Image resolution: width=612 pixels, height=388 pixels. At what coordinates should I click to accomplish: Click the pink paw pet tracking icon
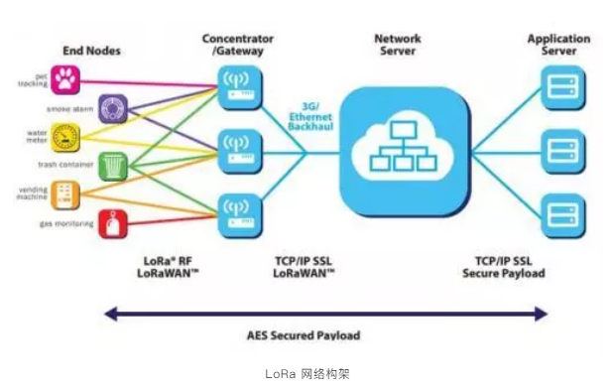pos(66,78)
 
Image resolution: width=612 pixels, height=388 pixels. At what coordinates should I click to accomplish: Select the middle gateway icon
pos(237,150)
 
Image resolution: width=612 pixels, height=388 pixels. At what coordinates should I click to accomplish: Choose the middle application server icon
pos(558,150)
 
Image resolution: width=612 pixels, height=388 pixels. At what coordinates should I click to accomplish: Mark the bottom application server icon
pos(558,214)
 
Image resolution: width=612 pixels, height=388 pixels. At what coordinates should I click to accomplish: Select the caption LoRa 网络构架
pos(307,374)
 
